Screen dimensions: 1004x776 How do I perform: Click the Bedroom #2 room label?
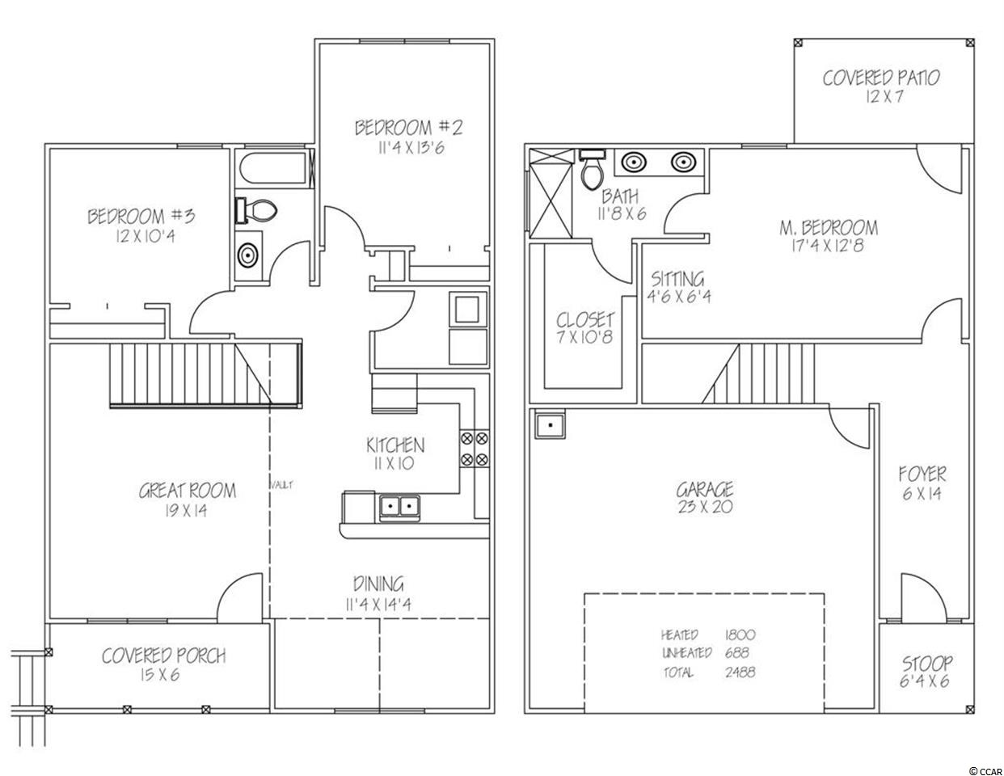coord(408,128)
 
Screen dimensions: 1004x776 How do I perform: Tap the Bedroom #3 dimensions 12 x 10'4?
coord(146,237)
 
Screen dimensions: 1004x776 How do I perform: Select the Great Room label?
coord(187,491)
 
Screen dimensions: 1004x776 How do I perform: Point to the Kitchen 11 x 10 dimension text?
coord(394,464)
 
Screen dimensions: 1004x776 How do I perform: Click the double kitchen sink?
coord(399,507)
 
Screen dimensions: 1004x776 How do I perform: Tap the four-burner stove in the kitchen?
coord(474,449)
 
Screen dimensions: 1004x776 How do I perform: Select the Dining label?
coord(378,584)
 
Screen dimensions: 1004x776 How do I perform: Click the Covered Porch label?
coord(163,656)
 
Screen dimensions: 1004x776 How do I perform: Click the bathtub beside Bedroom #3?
coord(272,169)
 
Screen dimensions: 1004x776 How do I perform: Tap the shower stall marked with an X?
coord(551,193)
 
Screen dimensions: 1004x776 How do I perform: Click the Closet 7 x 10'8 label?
coord(585,328)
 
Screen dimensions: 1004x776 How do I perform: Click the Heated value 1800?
coord(740,635)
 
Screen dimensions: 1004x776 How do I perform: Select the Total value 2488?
coord(740,673)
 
